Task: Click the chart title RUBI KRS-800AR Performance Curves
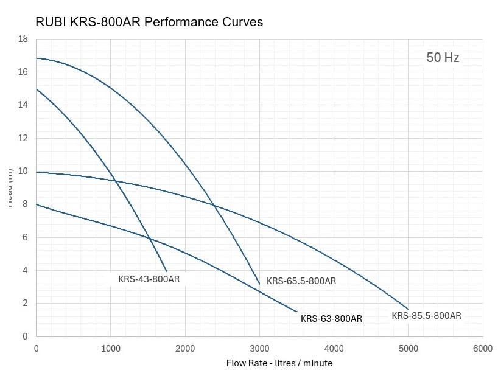[149, 22]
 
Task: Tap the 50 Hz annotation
[443, 58]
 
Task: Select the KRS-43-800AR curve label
[149, 280]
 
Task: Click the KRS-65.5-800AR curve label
[301, 281]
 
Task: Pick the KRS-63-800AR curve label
[331, 319]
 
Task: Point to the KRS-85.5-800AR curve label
[426, 315]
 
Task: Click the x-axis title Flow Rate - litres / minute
[279, 363]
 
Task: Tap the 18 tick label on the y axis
[23, 39]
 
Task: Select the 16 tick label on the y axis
[23, 72]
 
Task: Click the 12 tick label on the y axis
[23, 138]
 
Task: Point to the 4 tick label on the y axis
[25, 270]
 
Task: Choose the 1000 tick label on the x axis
[110, 349]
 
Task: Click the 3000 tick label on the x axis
[259, 349]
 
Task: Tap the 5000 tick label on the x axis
[408, 349]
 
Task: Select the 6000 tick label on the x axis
[482, 349]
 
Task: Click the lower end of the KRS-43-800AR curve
[166, 271]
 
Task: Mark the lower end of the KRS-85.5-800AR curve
[408, 309]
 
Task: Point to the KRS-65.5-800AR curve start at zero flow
[37, 58]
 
